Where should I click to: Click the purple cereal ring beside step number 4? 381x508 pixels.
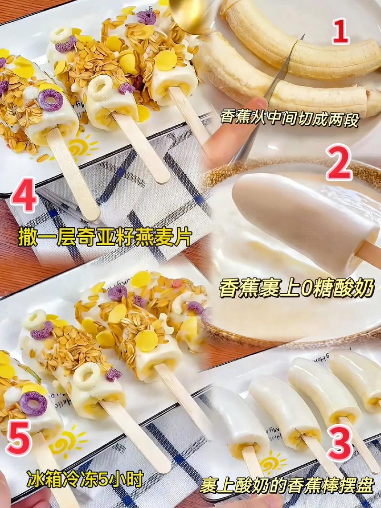47,100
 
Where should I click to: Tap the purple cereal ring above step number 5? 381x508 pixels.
34,403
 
